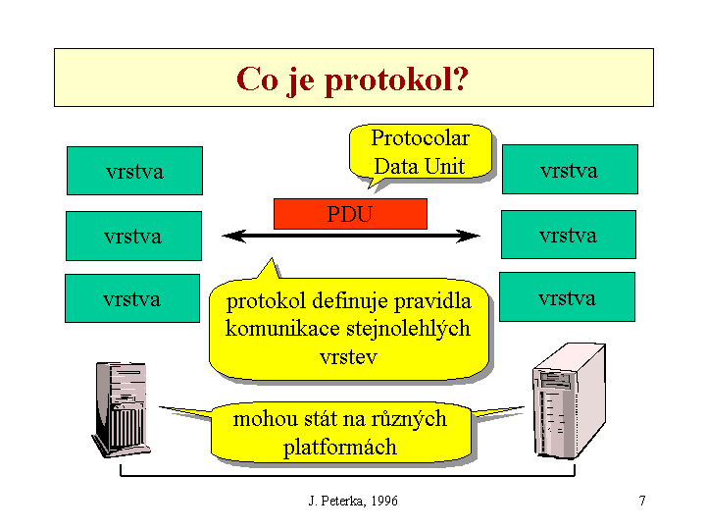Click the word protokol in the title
click(389, 79)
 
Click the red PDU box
click(350, 213)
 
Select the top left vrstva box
click(134, 171)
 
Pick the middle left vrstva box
click(133, 236)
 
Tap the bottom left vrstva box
click(132, 298)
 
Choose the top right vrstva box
click(569, 170)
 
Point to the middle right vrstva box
click(568, 235)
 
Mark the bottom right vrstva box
click(567, 297)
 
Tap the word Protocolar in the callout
click(420, 138)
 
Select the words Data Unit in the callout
click(420, 166)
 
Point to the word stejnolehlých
click(402, 328)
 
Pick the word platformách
click(340, 448)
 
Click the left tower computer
click(121, 409)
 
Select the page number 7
click(642, 501)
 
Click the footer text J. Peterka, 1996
click(353, 501)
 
